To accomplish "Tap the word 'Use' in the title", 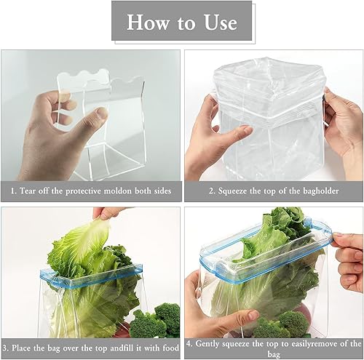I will (x=219, y=22).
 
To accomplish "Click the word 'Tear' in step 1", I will (x=29, y=193).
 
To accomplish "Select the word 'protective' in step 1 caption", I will (x=92, y=193).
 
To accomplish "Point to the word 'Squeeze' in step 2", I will (x=220, y=193).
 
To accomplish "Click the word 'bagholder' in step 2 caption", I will (x=315, y=193).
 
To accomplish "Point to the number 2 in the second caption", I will (x=192, y=193).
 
